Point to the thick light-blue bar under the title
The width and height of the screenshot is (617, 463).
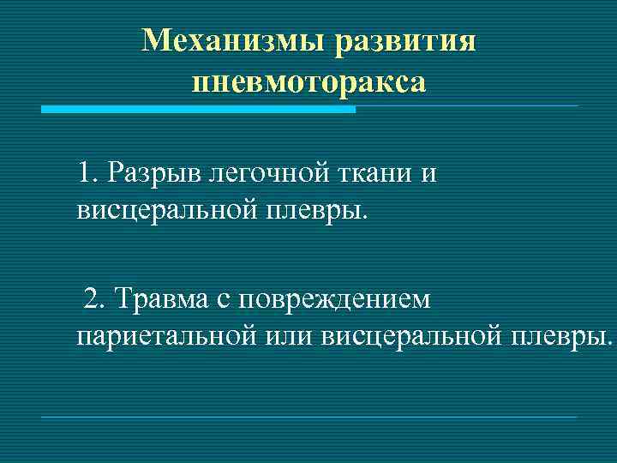tap(198, 110)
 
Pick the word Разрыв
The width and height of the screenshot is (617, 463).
tap(147, 174)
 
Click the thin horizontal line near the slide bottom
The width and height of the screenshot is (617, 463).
tap(308, 418)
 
